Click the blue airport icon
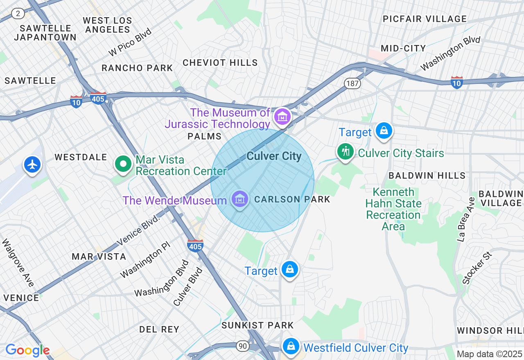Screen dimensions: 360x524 click(32, 164)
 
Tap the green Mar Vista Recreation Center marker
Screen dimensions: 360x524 click(122, 164)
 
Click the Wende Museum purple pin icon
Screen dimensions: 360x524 click(240, 199)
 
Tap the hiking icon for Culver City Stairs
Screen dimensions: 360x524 click(346, 152)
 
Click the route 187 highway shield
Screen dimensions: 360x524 click(352, 84)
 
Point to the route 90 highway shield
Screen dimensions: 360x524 click(243, 346)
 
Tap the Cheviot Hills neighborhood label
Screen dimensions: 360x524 click(220, 63)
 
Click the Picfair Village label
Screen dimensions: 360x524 click(425, 19)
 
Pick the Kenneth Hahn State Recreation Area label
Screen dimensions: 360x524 click(393, 209)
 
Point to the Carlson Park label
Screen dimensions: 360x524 click(292, 199)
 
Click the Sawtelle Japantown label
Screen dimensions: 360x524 click(45, 33)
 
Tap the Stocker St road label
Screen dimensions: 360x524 click(477, 268)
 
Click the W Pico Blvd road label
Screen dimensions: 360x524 click(130, 42)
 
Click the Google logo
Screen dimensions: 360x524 click(27, 350)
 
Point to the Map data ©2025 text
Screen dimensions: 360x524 click(489, 354)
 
